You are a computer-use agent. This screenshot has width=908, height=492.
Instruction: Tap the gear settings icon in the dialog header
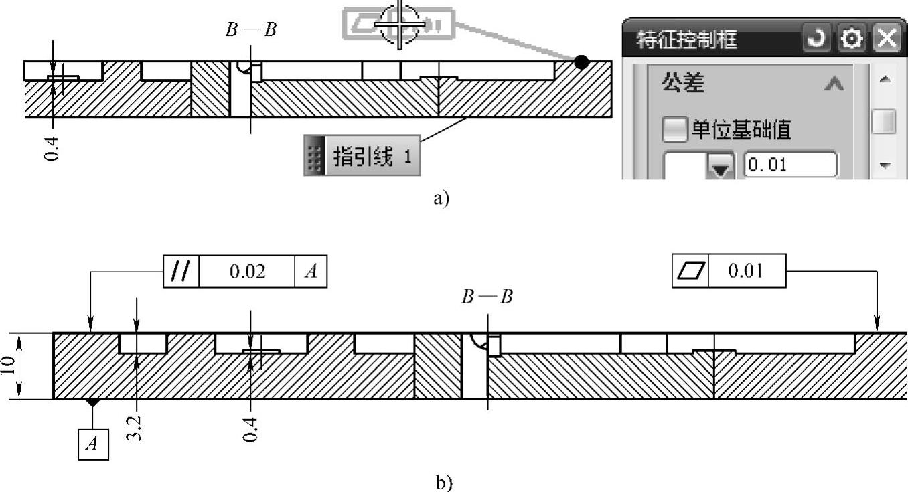852,40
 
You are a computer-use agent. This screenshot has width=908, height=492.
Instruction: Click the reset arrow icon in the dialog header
817,40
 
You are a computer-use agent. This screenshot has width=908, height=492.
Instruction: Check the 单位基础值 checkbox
674,129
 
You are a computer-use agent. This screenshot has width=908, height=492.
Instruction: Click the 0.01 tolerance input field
791,164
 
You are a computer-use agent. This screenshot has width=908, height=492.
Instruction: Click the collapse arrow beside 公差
834,84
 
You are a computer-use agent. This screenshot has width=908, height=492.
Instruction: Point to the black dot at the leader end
581,62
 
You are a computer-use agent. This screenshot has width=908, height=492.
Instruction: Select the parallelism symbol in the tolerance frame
181,272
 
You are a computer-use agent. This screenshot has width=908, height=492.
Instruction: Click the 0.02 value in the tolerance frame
247,272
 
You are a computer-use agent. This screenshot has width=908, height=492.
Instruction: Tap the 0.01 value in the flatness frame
746,271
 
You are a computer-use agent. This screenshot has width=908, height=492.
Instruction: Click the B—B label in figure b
487,297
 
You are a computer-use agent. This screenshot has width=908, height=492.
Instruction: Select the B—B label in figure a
250,30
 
